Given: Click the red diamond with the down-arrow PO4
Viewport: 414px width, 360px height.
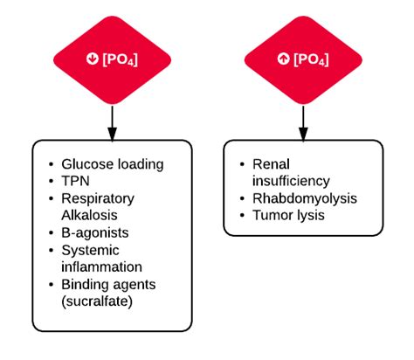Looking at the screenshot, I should [111, 59].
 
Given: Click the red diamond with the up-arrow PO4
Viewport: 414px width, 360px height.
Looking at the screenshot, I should [303, 59].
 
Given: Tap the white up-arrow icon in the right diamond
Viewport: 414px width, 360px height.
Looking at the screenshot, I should [284, 59].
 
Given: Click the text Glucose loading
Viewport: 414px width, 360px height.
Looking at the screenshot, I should [112, 163].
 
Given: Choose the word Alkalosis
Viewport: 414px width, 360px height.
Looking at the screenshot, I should [89, 214].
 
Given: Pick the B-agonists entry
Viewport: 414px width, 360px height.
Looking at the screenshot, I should [95, 232].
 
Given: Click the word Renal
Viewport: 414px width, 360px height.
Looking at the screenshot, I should [270, 163].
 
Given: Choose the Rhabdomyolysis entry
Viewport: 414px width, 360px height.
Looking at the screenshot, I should [304, 198].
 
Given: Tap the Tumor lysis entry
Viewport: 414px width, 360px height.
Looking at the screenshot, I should [288, 215].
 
